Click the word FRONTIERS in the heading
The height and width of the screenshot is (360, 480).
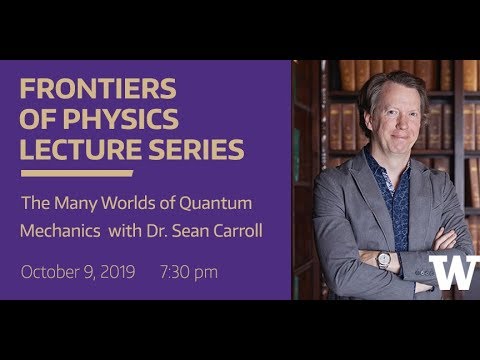coord(98,89)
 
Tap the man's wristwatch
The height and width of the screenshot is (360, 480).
coord(385,259)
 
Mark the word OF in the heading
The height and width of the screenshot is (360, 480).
coord(37,120)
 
